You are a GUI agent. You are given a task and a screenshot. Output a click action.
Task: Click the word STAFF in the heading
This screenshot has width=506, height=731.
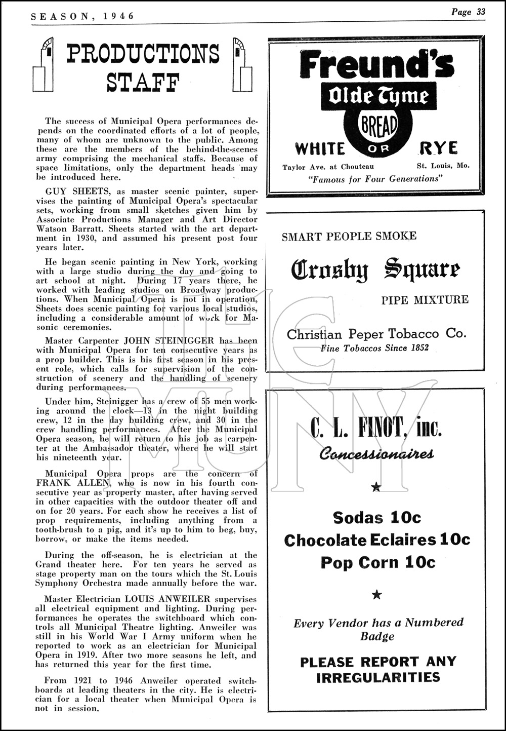[143, 83]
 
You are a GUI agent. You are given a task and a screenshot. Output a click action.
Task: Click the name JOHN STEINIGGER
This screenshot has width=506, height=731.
[181, 341]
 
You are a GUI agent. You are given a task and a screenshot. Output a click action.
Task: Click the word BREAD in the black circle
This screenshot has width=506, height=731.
[378, 124]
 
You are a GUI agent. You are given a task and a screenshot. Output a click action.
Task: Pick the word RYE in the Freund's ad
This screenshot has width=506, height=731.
[438, 148]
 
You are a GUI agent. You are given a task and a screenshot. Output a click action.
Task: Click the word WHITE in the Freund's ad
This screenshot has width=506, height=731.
[319, 149]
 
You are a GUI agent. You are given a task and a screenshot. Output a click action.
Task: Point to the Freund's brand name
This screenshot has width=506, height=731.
[375, 65]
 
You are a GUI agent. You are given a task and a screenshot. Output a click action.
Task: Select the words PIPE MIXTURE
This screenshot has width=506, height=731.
[425, 299]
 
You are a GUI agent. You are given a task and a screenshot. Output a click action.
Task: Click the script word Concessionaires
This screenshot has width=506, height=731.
[376, 454]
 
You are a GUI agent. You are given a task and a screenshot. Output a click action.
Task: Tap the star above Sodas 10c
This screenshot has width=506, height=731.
[376, 487]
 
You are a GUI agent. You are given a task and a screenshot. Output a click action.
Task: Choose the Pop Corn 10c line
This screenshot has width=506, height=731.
[377, 562]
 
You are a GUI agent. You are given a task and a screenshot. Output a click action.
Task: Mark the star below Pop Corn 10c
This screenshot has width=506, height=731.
[376, 594]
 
